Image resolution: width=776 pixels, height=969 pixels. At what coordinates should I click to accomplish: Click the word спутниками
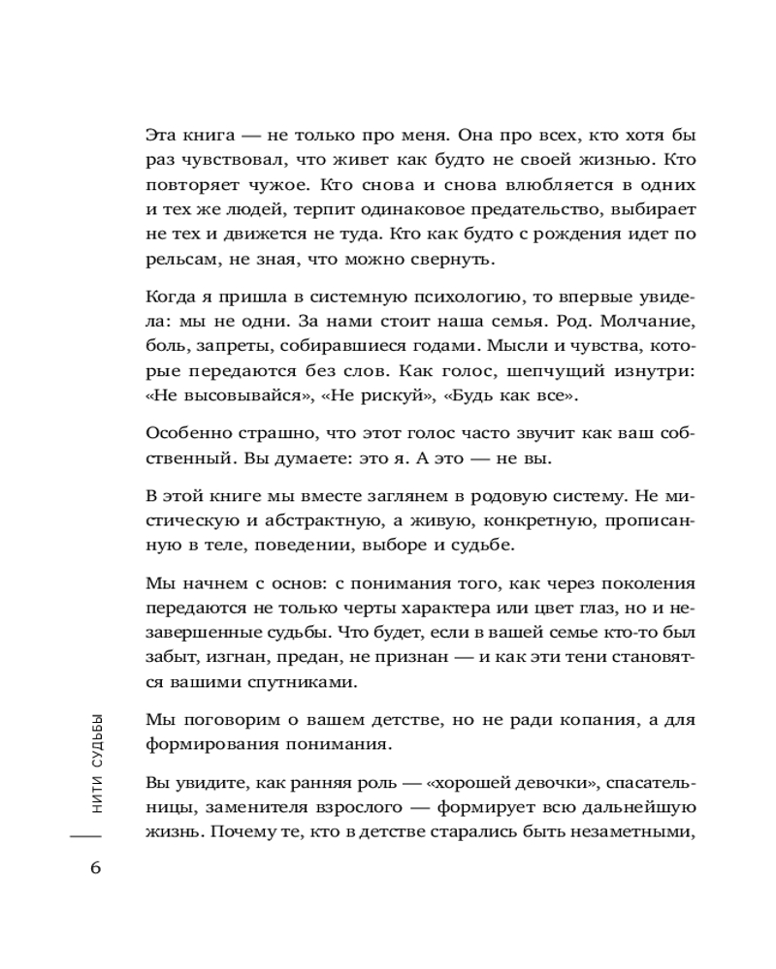278,684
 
